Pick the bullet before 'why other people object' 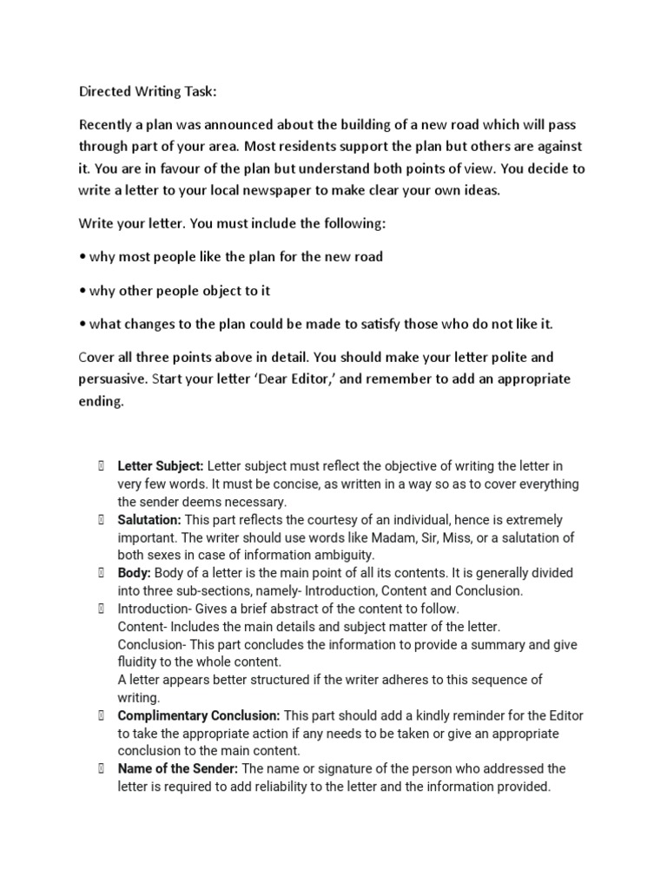click(x=83, y=291)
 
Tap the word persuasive click(x=114, y=379)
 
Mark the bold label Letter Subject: click(x=161, y=467)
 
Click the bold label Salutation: click(x=149, y=520)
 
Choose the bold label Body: click(x=134, y=573)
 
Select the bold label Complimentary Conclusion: click(x=199, y=715)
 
